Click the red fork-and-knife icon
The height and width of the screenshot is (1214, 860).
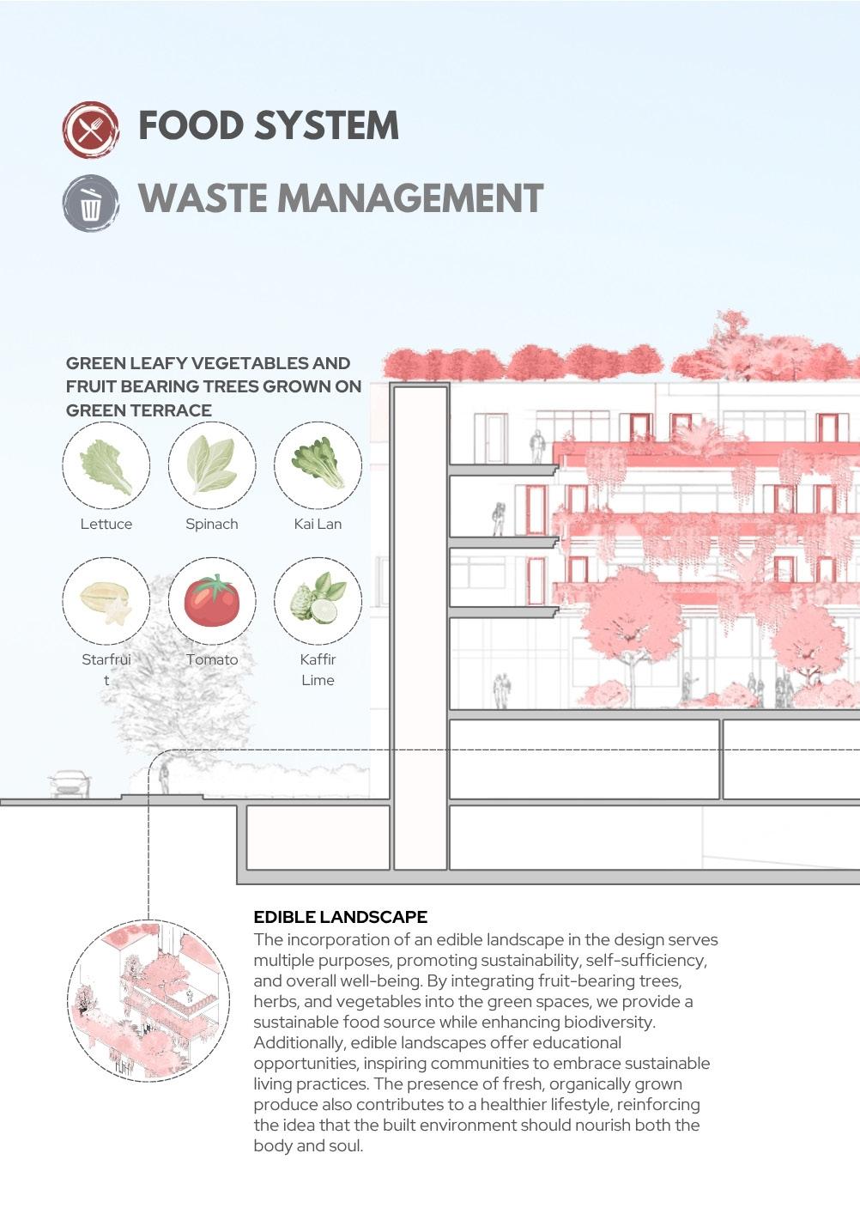tap(90, 130)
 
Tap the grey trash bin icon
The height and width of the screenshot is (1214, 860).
tap(90, 203)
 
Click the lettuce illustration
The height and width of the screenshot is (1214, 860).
tap(106, 465)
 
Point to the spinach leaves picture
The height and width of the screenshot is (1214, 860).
tap(211, 465)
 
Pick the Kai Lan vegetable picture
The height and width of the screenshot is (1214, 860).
tap(318, 464)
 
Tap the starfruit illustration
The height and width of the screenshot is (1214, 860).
tap(106, 602)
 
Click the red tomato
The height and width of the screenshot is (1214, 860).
tap(211, 601)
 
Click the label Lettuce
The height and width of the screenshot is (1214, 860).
tap(106, 524)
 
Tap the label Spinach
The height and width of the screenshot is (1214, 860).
tap(211, 524)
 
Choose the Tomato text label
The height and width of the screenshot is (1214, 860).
tap(212, 659)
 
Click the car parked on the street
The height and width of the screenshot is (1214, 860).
tap(70, 783)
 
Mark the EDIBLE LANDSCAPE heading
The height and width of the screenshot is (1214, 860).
tap(340, 917)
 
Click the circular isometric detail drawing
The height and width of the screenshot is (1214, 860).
tap(148, 1000)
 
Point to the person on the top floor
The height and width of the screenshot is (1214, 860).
tap(537, 446)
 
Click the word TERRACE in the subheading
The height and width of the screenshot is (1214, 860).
tap(174, 410)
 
